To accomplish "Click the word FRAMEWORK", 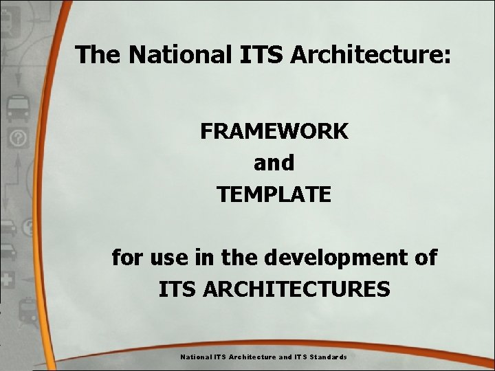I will pos(274,131).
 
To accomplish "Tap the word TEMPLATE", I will pos(274,194).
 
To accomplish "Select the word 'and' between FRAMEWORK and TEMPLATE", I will pos(274,163).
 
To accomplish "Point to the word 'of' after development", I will pos(423,258).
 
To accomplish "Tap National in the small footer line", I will pos(195,357).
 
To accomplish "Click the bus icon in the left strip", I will pos(18,108).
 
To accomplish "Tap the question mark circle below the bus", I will pos(18,139).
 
